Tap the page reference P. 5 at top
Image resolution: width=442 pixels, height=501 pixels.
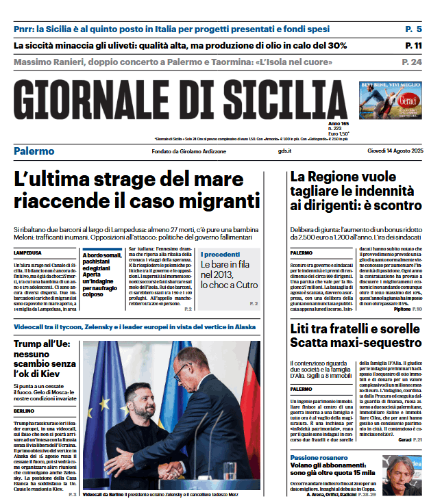pyautogui.click(x=413, y=29)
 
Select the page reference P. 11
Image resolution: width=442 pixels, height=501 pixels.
pyautogui.click(x=413, y=46)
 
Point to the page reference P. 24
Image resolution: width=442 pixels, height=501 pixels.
pyautogui.click(x=412, y=62)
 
